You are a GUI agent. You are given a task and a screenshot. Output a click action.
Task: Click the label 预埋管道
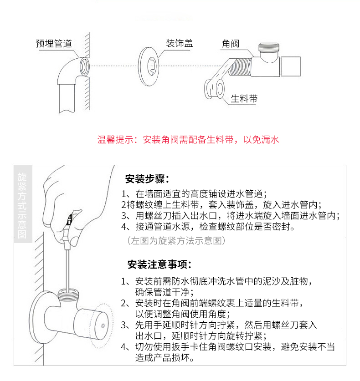coord(54,44)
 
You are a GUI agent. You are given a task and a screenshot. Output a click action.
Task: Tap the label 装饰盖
coord(179,43)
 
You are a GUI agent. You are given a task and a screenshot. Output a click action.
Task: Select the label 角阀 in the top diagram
coord(231,44)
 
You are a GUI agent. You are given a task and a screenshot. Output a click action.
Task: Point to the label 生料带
coord(244,99)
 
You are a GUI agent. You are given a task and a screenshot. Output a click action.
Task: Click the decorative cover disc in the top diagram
coord(149,66)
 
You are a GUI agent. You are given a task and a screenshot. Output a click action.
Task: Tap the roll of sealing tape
coord(214,89)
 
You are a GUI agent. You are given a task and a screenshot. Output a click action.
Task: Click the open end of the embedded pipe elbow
coord(84,66)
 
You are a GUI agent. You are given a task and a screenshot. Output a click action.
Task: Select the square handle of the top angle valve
coord(290,66)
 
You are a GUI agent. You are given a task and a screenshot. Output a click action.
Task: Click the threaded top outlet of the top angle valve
coord(269,47)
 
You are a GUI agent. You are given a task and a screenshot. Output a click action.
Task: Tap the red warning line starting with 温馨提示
coord(188,140)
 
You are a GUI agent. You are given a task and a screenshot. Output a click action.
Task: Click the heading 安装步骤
coord(147,179)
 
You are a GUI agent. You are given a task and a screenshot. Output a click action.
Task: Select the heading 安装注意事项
coord(159,264)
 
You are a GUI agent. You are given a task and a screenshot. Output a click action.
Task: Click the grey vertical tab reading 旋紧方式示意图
coord(23,204)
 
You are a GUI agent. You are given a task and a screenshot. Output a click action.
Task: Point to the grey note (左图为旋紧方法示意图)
coord(176,240)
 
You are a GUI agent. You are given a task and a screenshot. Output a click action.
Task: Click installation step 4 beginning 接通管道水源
coord(208,227)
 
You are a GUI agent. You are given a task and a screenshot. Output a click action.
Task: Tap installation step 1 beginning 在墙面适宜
coord(194,194)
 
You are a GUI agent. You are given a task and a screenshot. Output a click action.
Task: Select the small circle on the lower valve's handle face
coord(103,326)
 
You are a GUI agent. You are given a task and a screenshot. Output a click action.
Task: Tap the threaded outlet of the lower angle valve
coord(68,294)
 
